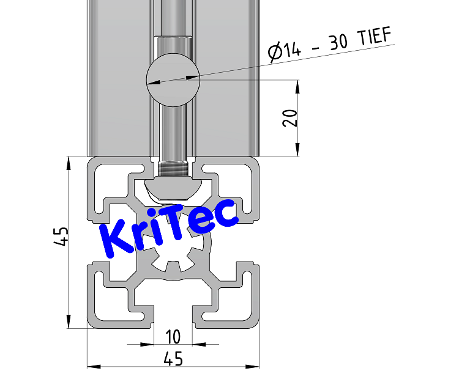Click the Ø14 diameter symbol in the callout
[x=276, y=53]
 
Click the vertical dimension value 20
[x=291, y=118]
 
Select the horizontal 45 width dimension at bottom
[x=173, y=359]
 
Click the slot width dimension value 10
[x=173, y=336]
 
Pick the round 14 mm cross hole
[x=173, y=79]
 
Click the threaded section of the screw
[x=173, y=167]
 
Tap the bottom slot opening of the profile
[x=173, y=321]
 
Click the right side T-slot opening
[x=254, y=241]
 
